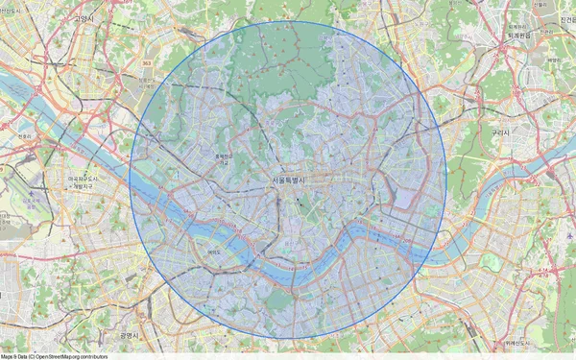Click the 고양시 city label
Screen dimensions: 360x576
click(x=84, y=18)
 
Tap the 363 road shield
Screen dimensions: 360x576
click(x=146, y=62)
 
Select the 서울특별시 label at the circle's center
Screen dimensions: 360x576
click(x=288, y=180)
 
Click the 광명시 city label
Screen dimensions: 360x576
click(x=130, y=335)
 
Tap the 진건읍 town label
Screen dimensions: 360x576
click(x=564, y=18)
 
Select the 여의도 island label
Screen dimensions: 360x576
click(x=213, y=252)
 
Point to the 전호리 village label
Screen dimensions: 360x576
click(x=24, y=136)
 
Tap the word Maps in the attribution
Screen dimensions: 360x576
click(x=6, y=356)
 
